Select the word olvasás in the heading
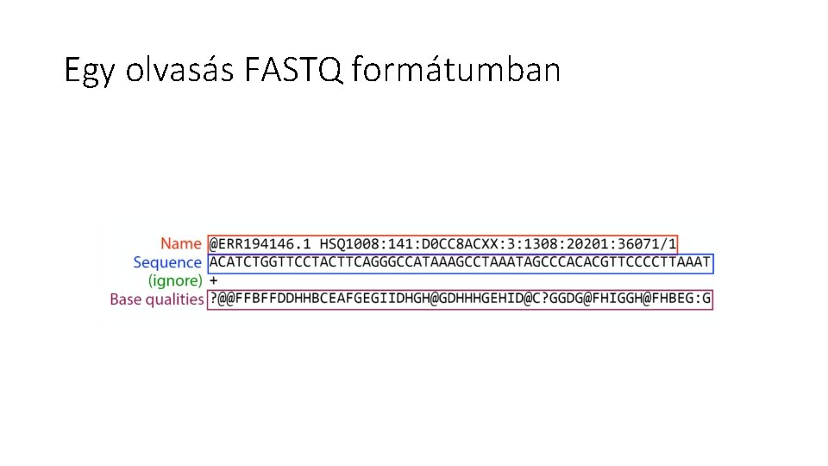point(179,69)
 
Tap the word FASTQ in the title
point(293,69)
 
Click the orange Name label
point(180,244)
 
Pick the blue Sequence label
point(167,262)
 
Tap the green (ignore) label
point(175,280)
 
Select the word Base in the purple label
point(126,299)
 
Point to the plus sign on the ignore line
point(214,280)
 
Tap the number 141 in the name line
point(393,244)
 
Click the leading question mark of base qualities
point(213,299)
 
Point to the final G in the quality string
point(708,299)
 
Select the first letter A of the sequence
point(214,262)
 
